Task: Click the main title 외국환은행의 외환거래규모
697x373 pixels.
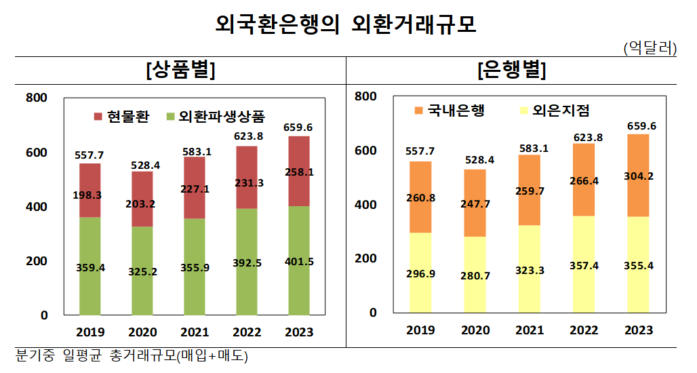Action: (x=346, y=25)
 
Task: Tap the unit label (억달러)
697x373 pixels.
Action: (x=650, y=48)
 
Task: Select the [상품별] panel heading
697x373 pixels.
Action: (x=180, y=71)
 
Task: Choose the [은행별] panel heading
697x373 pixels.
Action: (x=512, y=71)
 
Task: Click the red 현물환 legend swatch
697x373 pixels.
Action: (x=97, y=115)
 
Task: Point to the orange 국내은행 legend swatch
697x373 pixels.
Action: (x=418, y=111)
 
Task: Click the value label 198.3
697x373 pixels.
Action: (x=89, y=195)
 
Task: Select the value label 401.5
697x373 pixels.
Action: (x=298, y=262)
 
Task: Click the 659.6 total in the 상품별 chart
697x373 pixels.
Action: (x=298, y=127)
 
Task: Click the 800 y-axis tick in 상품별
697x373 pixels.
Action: (x=36, y=98)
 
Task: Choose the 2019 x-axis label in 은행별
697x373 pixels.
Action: (x=420, y=330)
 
